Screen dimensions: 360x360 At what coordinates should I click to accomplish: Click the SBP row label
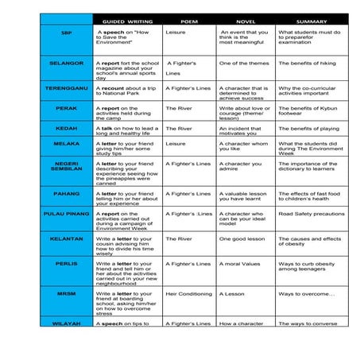click(x=66, y=33)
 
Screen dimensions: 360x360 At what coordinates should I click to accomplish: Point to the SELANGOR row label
click(x=66, y=62)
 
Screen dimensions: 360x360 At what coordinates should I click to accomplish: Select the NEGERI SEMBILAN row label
click(x=66, y=167)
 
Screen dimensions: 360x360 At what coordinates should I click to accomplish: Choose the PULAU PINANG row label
click(x=66, y=214)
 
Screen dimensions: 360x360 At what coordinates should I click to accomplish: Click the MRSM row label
click(x=66, y=294)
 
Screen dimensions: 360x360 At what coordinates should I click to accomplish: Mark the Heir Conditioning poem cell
click(x=189, y=294)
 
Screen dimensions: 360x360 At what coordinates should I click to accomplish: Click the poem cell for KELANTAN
click(x=179, y=238)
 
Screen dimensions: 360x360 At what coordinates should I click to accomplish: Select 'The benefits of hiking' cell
click(x=308, y=62)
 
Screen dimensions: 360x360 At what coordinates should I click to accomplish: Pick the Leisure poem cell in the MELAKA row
click(x=176, y=144)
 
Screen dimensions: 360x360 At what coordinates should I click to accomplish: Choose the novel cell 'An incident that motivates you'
click(x=243, y=130)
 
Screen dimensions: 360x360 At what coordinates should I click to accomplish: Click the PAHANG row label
click(x=66, y=193)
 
